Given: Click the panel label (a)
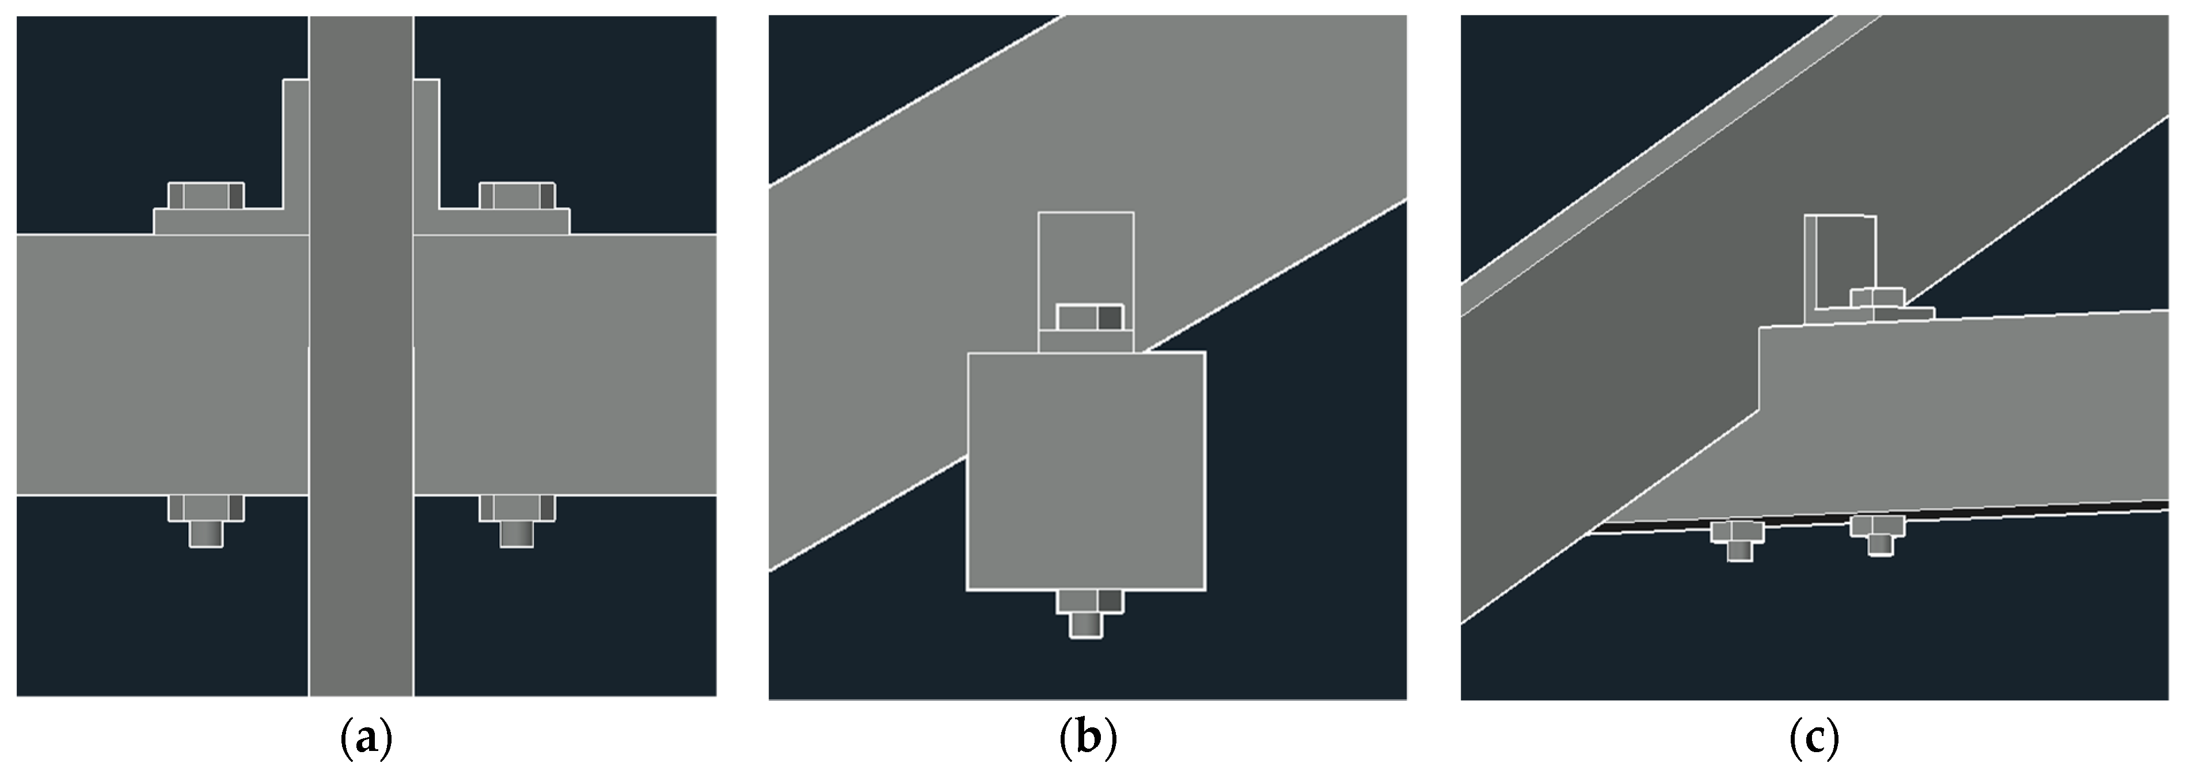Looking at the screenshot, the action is pyautogui.click(x=366, y=740).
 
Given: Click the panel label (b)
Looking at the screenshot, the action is pyautogui.click(x=1088, y=740).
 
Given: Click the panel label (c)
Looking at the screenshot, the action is pyautogui.click(x=1814, y=740).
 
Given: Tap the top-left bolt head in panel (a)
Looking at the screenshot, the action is pyautogui.click(x=206, y=195).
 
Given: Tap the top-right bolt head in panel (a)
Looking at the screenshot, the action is pyautogui.click(x=517, y=195).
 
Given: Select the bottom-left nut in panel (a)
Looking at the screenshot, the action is pyautogui.click(x=206, y=508).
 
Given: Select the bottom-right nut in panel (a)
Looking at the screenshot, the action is pyautogui.click(x=517, y=508).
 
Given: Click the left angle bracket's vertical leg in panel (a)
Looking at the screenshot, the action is pyautogui.click(x=295, y=143).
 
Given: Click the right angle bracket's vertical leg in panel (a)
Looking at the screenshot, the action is pyautogui.click(x=427, y=143).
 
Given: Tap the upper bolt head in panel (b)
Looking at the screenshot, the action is pyautogui.click(x=1090, y=318).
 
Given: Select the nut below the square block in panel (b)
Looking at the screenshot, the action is pyautogui.click(x=1090, y=602).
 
